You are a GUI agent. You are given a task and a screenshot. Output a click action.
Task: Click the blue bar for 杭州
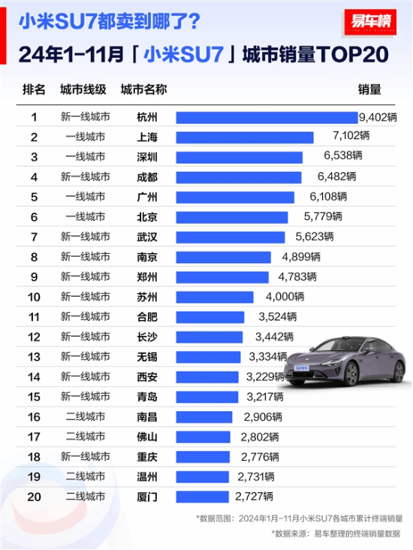point(267,117)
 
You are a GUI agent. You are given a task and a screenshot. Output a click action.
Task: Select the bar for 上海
point(245,137)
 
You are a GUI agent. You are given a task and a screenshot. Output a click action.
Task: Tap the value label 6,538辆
point(342,157)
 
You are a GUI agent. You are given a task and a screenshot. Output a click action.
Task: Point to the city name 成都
point(148,177)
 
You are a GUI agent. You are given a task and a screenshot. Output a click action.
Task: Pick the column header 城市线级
point(82,89)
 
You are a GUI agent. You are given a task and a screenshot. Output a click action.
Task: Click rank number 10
point(34,297)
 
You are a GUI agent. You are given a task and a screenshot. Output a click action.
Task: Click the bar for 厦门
point(203,496)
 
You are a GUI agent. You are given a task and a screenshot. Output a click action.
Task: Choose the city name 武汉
point(148,237)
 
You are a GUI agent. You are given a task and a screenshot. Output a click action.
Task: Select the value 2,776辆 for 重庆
point(261,456)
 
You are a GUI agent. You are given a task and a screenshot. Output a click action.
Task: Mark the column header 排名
point(35,89)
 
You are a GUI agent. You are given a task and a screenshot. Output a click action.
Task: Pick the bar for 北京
point(232,217)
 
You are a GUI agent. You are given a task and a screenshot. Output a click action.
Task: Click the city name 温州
point(148,476)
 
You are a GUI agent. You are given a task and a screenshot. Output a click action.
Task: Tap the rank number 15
point(34,397)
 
